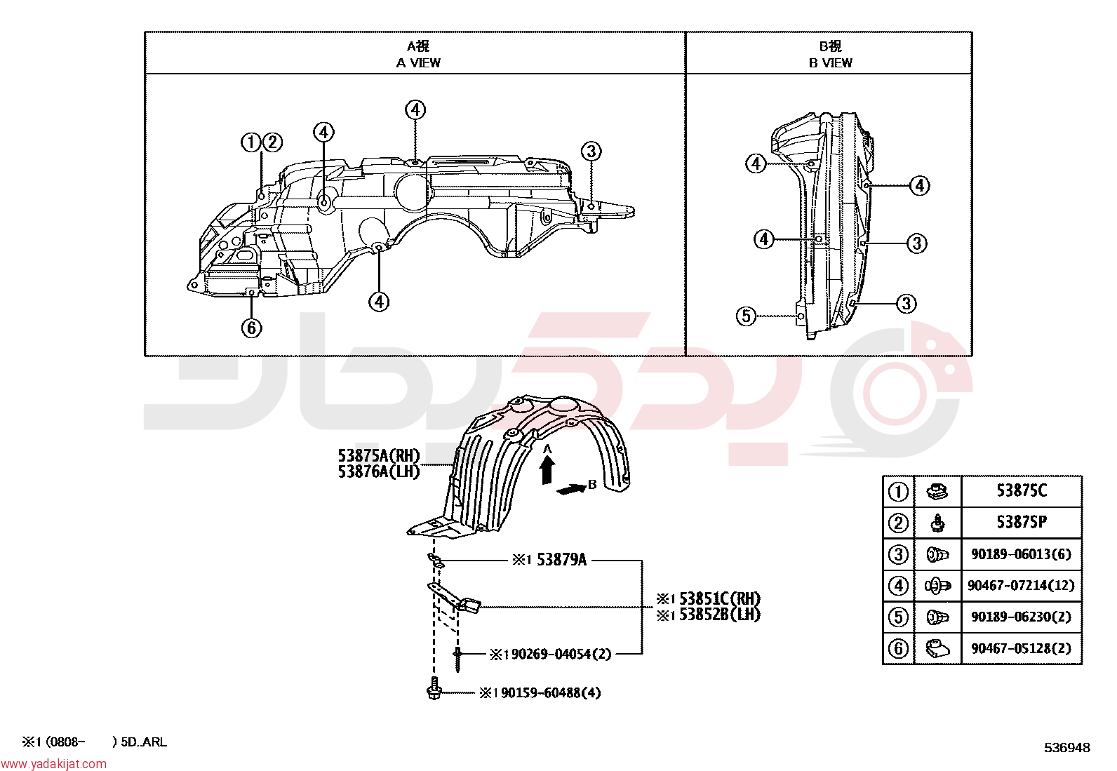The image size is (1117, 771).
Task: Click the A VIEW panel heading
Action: (x=418, y=54)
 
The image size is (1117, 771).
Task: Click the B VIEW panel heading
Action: (x=830, y=54)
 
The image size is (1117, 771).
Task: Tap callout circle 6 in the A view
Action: (x=251, y=328)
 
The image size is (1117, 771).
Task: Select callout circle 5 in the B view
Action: (x=746, y=316)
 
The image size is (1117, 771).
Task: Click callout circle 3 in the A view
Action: (x=591, y=151)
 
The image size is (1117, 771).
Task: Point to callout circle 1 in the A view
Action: (x=250, y=142)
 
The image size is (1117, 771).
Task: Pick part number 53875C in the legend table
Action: (x=1022, y=490)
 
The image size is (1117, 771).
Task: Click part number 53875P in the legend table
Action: (x=1022, y=522)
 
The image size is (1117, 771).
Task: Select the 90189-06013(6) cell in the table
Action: (x=1022, y=554)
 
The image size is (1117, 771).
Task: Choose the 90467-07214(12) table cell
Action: (x=1022, y=585)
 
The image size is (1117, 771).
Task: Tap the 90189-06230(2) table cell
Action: (x=1022, y=617)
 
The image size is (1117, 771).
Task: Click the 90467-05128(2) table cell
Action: (x=1022, y=648)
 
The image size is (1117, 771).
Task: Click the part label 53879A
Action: (x=561, y=560)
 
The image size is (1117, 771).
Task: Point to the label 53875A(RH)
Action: (x=379, y=455)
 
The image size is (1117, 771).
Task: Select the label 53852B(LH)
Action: (x=720, y=615)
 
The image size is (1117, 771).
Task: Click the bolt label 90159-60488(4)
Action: (x=551, y=692)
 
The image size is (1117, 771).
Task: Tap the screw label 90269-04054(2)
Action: (x=561, y=654)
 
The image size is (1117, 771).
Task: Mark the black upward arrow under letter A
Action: (x=547, y=470)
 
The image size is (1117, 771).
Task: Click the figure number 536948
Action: (x=1067, y=748)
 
